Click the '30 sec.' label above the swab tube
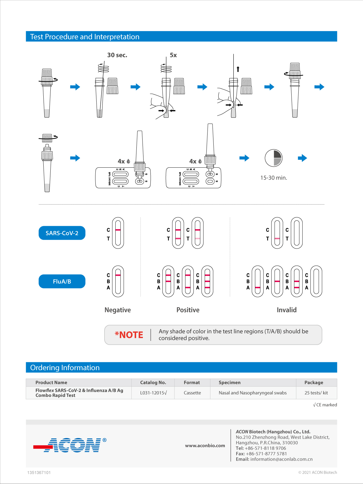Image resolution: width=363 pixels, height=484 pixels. click(x=117, y=55)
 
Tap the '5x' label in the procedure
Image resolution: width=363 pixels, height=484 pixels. click(x=173, y=55)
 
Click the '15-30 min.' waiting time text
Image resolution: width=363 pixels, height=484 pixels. click(x=274, y=178)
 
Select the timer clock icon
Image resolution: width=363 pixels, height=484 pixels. click(x=273, y=158)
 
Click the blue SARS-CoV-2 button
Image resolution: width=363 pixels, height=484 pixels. click(x=62, y=233)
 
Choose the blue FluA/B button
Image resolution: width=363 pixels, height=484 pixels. click(x=62, y=281)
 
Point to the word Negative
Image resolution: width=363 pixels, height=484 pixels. click(x=118, y=310)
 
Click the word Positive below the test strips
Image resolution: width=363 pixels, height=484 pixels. click(x=188, y=310)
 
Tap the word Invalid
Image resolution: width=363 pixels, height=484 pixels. click(x=287, y=310)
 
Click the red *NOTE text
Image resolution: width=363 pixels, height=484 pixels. click(x=129, y=335)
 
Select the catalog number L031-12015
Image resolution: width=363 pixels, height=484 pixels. click(x=153, y=393)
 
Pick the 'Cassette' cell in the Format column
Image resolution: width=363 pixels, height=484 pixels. click(x=192, y=393)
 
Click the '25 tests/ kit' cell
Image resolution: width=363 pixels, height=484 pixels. click(x=316, y=393)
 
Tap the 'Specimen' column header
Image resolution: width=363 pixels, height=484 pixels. click(x=230, y=382)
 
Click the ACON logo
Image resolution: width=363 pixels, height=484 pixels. click(x=70, y=445)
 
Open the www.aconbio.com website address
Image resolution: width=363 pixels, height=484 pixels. click(x=205, y=445)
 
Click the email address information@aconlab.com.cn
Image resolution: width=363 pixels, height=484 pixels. click(x=281, y=459)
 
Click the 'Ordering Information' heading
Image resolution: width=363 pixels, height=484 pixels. click(x=65, y=368)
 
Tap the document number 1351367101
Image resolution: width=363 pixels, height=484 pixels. click(x=39, y=473)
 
